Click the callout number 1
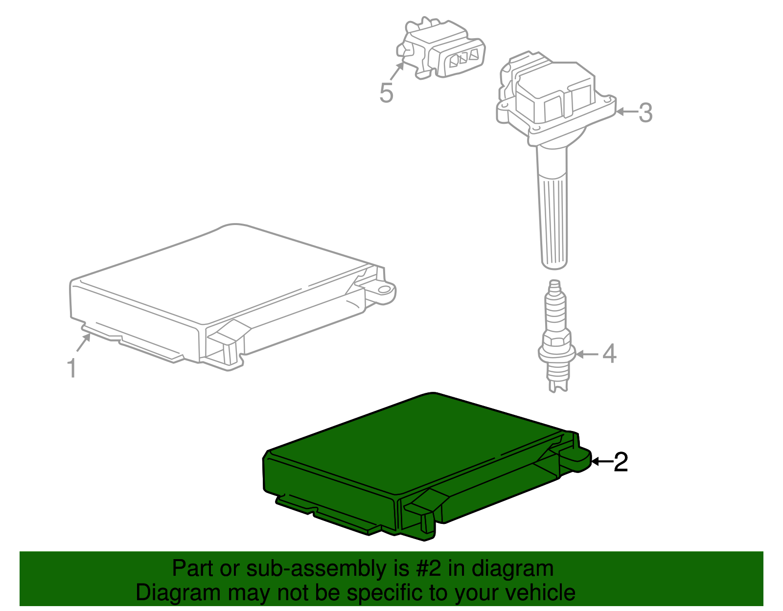pos(71,368)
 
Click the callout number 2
pos(621,462)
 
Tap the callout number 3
pos(645,113)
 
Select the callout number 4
pos(609,353)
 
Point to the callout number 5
pos(386,92)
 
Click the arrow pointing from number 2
pos(601,461)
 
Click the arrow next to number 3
pos(626,112)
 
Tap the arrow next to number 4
pos(587,354)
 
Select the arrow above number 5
pos(397,71)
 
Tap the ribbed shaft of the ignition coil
pos(554,220)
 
